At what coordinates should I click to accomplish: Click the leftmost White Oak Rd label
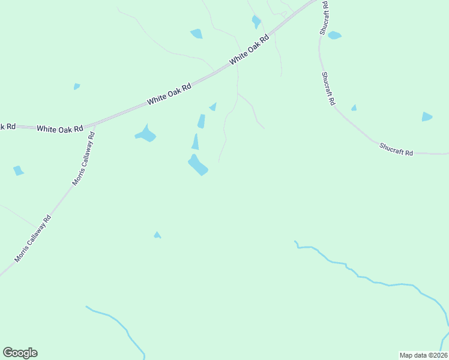pyautogui.click(x=59, y=128)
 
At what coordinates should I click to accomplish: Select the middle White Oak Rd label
pyautogui.click(x=169, y=94)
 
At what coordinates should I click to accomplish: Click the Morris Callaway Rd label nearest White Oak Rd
pyautogui.click(x=84, y=159)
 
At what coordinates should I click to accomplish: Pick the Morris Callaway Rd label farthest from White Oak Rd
pyautogui.click(x=33, y=239)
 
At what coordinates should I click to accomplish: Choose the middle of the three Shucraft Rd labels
pyautogui.click(x=327, y=89)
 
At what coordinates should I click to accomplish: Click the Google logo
pyautogui.click(x=20, y=353)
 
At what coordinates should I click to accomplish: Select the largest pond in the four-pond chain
pyautogui.click(x=197, y=166)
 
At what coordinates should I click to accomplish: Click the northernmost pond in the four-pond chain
pyautogui.click(x=213, y=107)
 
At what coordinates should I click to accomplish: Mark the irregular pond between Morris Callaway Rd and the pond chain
pyautogui.click(x=146, y=134)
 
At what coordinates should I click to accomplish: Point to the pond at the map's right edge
pyautogui.click(x=427, y=116)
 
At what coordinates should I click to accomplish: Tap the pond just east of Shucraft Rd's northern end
pyautogui.click(x=334, y=35)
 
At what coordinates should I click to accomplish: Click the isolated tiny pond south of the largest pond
pyautogui.click(x=157, y=235)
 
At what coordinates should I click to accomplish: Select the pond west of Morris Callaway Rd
pyautogui.click(x=18, y=171)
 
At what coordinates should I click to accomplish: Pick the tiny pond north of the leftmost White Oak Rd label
pyautogui.click(x=76, y=86)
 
